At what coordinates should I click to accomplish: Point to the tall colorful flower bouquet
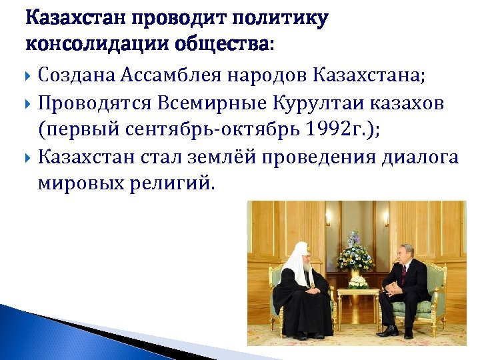[x=355, y=252]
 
